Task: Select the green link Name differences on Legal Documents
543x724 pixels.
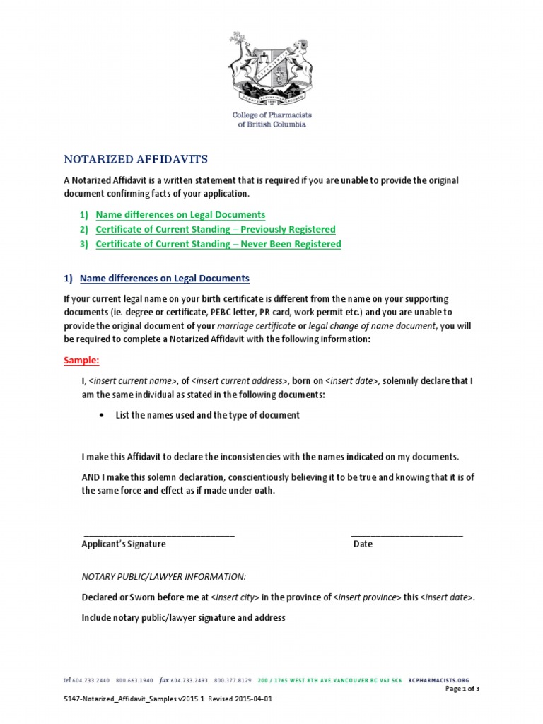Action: coord(180,214)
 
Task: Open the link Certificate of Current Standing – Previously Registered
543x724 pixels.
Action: coord(216,229)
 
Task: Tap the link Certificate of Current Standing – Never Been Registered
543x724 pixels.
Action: coord(218,244)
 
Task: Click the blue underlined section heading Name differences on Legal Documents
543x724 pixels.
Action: coord(165,279)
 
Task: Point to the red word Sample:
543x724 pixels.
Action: coord(82,360)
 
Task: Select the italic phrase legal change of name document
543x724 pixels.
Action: coord(373,325)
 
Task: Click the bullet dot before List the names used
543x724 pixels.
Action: coord(105,415)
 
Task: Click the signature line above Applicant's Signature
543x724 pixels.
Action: coord(159,535)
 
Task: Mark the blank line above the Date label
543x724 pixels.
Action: coord(407,535)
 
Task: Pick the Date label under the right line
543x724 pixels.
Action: coord(363,544)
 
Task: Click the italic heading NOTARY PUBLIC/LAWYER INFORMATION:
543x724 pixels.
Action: coord(164,577)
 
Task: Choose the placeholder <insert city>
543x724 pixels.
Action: coord(235,597)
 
